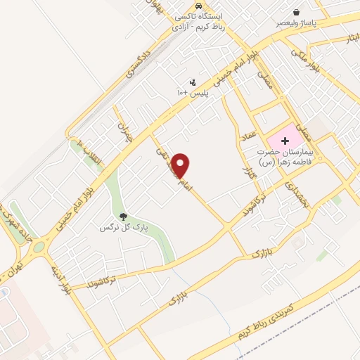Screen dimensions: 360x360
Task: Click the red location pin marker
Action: (x=181, y=165)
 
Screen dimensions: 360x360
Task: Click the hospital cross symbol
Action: (x=285, y=141)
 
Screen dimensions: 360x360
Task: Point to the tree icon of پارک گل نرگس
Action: (x=124, y=217)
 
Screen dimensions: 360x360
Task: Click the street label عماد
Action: (x=248, y=138)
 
